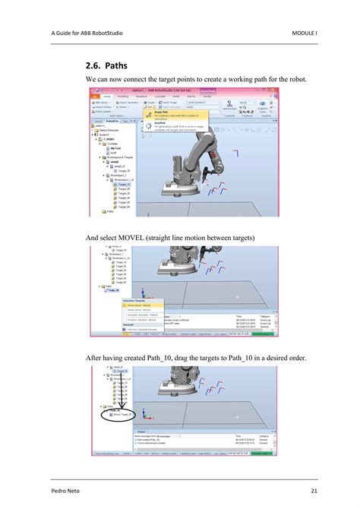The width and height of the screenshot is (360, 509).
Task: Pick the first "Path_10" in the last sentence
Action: pos(175,359)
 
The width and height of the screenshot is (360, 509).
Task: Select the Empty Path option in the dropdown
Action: pos(162,111)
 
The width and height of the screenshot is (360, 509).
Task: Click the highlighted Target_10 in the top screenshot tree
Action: pos(123,183)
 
